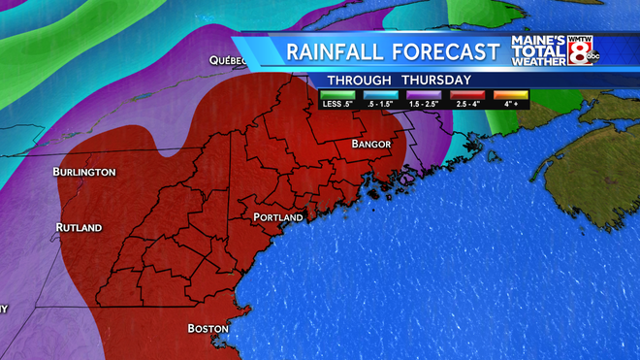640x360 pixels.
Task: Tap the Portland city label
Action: (x=278, y=217)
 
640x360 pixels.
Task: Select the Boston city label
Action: (x=208, y=328)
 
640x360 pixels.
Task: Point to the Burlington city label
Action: (x=84, y=172)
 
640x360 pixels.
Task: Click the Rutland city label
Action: (x=79, y=228)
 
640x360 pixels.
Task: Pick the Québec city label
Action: (x=228, y=60)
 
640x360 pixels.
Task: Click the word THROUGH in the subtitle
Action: (x=359, y=80)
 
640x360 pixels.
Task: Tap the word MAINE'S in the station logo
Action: (x=539, y=42)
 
